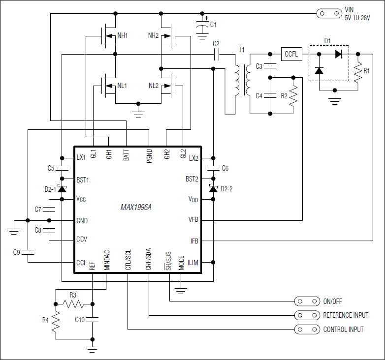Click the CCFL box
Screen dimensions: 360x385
291,54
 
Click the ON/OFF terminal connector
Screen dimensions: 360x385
306,300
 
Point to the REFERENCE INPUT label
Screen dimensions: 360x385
345,315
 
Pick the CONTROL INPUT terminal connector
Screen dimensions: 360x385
306,329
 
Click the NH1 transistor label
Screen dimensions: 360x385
123,35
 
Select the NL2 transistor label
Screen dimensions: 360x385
154,86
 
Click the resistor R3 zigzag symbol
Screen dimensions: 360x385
73,303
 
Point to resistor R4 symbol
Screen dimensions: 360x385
56,321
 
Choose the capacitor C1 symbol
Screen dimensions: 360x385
202,25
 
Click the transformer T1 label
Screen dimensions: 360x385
241,50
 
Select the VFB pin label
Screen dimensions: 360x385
193,220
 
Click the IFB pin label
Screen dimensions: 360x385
194,241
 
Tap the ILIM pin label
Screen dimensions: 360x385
192,263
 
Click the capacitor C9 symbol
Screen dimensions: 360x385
28,252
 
